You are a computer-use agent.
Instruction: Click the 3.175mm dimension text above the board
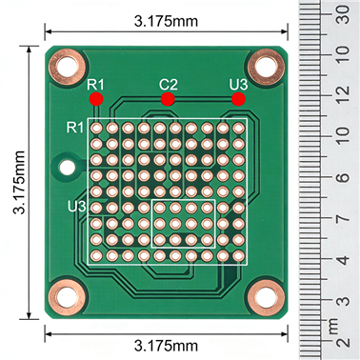[x=167, y=20]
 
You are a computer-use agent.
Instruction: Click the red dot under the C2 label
[x=168, y=98]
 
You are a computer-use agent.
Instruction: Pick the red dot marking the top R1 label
[x=95, y=98]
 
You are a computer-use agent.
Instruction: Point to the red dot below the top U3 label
[x=239, y=98]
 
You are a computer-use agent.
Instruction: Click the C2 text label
[x=168, y=85]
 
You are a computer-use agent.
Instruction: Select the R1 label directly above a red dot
[x=95, y=85]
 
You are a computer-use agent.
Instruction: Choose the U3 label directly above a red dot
[x=239, y=85]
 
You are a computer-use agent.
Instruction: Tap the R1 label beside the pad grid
[x=76, y=127]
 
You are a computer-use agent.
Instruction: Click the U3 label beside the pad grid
[x=77, y=206]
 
